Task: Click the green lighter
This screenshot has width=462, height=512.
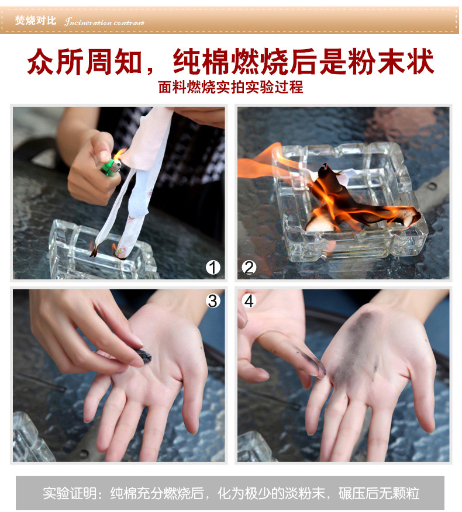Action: [x=111, y=167]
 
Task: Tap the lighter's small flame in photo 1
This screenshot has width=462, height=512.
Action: [x=120, y=154]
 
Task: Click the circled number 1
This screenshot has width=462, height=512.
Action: [x=213, y=268]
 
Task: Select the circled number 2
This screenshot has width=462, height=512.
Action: [x=249, y=268]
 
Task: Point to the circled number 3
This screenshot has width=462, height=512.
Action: [x=213, y=301]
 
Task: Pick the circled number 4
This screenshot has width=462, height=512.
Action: [x=249, y=301]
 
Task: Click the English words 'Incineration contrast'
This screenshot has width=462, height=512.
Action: [x=104, y=22]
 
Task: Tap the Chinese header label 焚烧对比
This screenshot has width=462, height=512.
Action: [x=36, y=20]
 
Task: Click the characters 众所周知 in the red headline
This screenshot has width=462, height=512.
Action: [x=85, y=61]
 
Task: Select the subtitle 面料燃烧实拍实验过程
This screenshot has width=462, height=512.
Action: [x=230, y=87]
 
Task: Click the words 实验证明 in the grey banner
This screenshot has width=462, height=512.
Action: [x=70, y=493]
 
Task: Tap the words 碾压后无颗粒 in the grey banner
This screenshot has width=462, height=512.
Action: [x=379, y=493]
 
